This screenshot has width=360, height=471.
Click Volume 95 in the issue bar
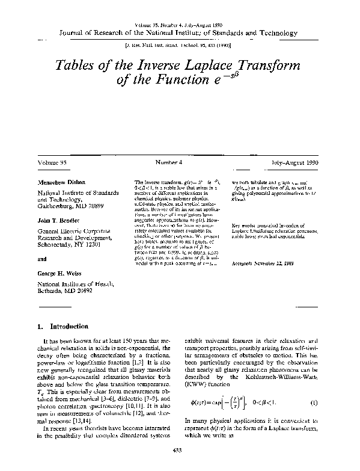point(53,163)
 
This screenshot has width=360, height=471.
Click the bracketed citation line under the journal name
point(180,45)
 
